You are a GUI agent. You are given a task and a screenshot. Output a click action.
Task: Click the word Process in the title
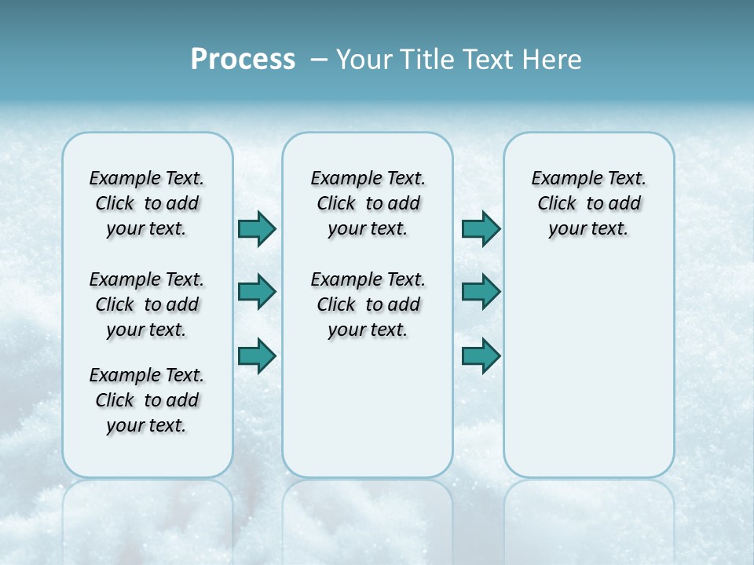(243, 59)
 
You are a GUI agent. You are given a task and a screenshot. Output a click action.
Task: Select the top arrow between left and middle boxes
(257, 228)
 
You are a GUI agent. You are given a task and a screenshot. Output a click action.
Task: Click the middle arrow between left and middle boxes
(257, 292)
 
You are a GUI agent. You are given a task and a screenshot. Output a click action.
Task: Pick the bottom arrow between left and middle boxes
(257, 356)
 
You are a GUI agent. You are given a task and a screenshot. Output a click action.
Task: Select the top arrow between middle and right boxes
(481, 228)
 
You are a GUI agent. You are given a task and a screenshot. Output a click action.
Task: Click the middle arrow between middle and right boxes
(481, 292)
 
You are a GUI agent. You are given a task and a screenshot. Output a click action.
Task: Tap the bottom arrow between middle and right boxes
(481, 356)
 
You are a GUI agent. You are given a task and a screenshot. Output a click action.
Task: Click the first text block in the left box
(147, 203)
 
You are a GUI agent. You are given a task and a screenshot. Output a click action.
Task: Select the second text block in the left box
(147, 304)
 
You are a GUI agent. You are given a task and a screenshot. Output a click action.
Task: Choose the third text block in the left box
(147, 400)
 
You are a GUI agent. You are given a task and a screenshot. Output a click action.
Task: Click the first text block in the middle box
(368, 203)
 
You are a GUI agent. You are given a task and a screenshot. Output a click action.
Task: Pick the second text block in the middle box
(368, 304)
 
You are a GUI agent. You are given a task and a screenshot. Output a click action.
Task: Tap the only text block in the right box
(588, 203)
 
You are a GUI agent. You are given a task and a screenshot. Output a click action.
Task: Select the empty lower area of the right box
(588, 369)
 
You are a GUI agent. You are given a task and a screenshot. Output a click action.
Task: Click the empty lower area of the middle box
(368, 408)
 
